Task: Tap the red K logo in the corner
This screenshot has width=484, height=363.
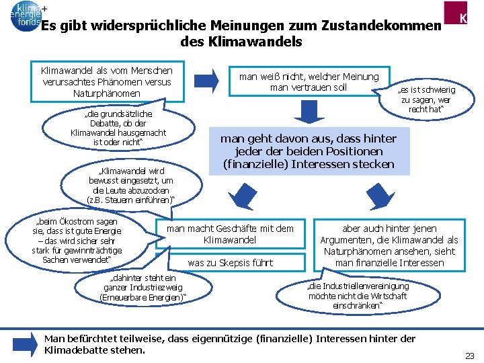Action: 463,16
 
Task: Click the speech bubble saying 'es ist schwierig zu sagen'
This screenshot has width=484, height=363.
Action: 427,99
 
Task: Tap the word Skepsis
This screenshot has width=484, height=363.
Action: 239,263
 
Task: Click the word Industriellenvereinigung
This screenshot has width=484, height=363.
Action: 368,286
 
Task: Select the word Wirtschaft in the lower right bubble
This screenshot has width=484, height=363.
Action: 386,296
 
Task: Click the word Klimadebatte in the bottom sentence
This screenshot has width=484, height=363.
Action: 74,350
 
